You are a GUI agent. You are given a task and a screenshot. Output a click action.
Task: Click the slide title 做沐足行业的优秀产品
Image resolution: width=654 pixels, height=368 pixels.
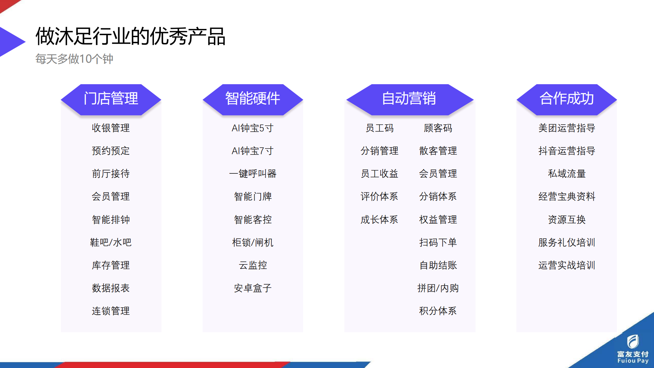coord(130,36)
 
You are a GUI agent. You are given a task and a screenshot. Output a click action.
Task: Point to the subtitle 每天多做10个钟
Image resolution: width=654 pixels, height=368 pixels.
coord(74,59)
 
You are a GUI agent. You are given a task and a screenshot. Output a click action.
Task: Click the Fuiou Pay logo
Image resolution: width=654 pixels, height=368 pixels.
coord(633,349)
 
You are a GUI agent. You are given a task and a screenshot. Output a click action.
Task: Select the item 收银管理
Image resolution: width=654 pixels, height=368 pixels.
coord(111,128)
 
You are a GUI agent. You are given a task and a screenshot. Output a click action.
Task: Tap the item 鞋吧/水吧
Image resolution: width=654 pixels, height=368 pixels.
coord(111,242)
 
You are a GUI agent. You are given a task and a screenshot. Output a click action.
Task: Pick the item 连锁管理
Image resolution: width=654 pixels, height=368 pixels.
coord(111,311)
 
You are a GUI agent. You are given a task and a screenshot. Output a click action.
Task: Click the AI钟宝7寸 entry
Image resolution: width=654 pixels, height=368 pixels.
coord(253,151)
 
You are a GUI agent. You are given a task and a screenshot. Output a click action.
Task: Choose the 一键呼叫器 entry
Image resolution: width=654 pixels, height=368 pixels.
coord(253,174)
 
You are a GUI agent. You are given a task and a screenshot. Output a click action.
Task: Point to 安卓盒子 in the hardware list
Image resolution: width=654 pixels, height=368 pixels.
coord(253,288)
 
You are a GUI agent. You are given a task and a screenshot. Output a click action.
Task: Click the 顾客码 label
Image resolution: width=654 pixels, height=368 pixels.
coord(438,128)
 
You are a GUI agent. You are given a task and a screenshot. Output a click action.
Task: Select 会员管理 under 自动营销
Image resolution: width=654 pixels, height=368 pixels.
coord(438,174)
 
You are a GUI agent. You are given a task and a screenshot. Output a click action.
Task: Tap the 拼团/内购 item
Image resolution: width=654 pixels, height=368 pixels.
coord(438,288)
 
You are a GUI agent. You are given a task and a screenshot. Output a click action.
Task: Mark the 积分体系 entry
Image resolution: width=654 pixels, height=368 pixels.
coord(438,311)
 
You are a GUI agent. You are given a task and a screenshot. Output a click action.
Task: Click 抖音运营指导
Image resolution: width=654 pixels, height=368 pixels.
coord(567,151)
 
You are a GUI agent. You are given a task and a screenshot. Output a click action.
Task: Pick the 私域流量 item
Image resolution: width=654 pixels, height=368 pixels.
coord(567,174)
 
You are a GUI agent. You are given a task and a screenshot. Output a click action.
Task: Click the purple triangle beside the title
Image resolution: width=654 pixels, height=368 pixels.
coord(10,42)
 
